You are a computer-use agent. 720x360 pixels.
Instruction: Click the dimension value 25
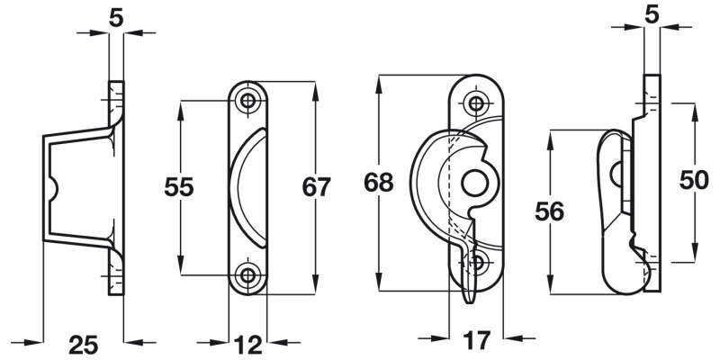pos(83,343)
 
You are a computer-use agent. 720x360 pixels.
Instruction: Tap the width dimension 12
pos(247,343)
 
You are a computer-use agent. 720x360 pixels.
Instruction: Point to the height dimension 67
pos(317,187)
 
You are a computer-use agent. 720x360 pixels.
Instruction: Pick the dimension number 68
pos(379,183)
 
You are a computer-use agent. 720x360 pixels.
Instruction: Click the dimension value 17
pos(477,341)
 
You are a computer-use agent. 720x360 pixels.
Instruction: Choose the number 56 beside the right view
pos(548,212)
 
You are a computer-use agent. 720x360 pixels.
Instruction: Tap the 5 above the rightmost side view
pos(651,15)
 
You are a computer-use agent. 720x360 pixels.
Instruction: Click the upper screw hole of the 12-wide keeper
pos(247,100)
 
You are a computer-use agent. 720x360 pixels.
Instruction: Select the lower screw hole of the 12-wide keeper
pos(247,274)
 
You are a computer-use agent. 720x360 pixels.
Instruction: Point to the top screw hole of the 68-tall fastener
pos(475,101)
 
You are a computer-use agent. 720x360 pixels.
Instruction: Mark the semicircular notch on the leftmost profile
pos(54,189)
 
